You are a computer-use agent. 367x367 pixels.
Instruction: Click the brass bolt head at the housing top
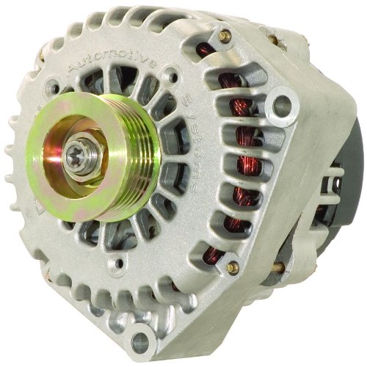pos(224,34)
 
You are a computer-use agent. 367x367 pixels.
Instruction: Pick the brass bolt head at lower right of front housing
pos(233,268)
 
